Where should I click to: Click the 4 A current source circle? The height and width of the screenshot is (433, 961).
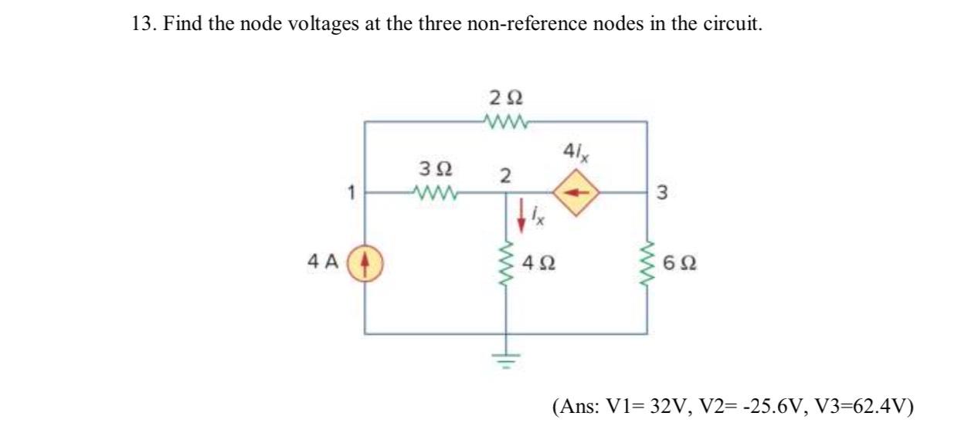[366, 262]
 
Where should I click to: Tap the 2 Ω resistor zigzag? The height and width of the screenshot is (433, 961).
[505, 121]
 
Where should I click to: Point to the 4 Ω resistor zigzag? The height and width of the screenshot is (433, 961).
[507, 263]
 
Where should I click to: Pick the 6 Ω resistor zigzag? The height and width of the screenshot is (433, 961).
[647, 263]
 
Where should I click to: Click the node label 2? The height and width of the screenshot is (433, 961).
[504, 175]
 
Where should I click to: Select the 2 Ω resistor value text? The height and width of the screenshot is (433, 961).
[505, 99]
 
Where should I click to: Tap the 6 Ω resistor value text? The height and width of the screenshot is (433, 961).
[680, 263]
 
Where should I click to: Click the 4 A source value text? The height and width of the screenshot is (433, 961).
[324, 262]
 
